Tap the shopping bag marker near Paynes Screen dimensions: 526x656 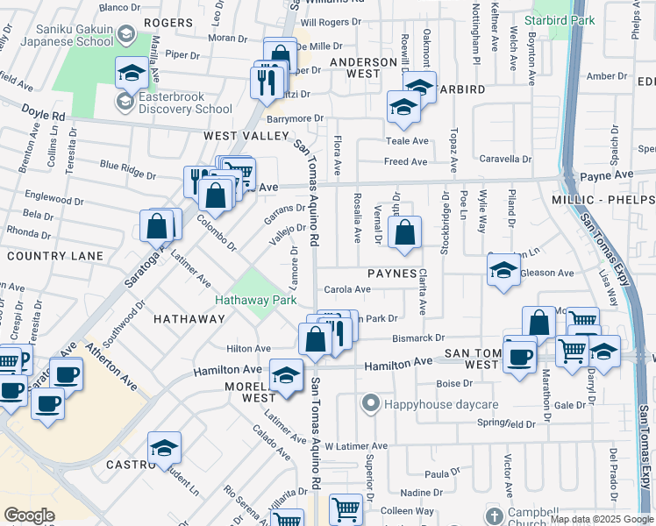coord(404,234)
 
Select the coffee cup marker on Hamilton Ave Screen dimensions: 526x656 coord(520,357)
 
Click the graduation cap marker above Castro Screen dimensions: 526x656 coord(164,449)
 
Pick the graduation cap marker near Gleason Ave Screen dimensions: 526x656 coord(503,271)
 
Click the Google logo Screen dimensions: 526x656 coord(29,515)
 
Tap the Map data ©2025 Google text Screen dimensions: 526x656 coord(602,519)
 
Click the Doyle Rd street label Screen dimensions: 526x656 coord(45,116)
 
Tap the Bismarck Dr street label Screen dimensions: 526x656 coord(419,338)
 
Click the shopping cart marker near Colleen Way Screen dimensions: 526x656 coord(346,509)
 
